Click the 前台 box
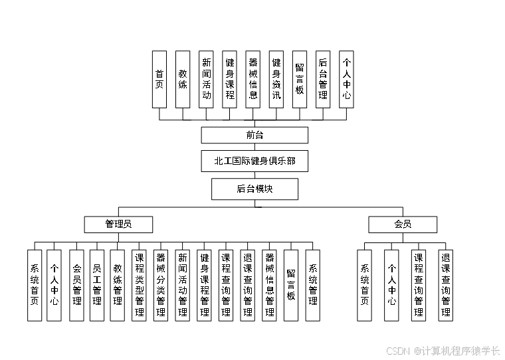pos(254,135)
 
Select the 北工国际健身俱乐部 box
pos(254,161)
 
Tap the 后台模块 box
pos(254,189)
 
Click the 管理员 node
pos(118,225)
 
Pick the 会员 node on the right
pos(403,225)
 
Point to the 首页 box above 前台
pos(159,79)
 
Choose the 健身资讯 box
pos(276,79)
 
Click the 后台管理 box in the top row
pos(323,79)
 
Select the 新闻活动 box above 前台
pos(207,79)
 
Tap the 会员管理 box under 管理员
pos(76,286)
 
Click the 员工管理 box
pos(97,286)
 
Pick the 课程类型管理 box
pos(139,286)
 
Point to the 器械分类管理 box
pos(160,286)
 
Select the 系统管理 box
pos(313,286)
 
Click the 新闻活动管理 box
pos(182,286)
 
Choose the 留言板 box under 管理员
pos(291,286)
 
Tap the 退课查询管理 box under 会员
pos(446,286)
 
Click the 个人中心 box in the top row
pos(346,79)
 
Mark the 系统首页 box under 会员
pos(364,286)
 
